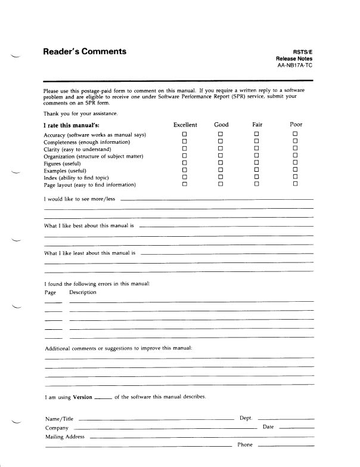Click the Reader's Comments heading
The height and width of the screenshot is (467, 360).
pyautogui.click(x=85, y=51)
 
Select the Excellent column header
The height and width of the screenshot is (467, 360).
pyautogui.click(x=185, y=125)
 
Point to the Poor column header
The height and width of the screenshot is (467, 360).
pyautogui.click(x=296, y=125)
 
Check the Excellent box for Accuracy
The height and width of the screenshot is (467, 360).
pyautogui.click(x=185, y=135)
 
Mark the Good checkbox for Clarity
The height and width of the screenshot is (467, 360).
pyautogui.click(x=220, y=149)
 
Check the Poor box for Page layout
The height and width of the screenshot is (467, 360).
pyautogui.click(x=296, y=184)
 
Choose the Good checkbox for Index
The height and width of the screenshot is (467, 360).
pyautogui.click(x=220, y=177)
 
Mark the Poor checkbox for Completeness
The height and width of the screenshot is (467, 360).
pyautogui.click(x=296, y=142)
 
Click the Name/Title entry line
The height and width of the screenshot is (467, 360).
pyautogui.click(x=155, y=420)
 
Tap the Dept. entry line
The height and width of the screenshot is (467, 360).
pyautogui.click(x=285, y=420)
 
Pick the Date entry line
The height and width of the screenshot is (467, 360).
pyautogui.click(x=296, y=428)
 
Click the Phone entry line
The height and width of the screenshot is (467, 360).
pyautogui.click(x=285, y=446)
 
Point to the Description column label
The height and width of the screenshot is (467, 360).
pyautogui.click(x=82, y=293)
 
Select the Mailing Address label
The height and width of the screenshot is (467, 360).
pyautogui.click(x=64, y=437)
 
